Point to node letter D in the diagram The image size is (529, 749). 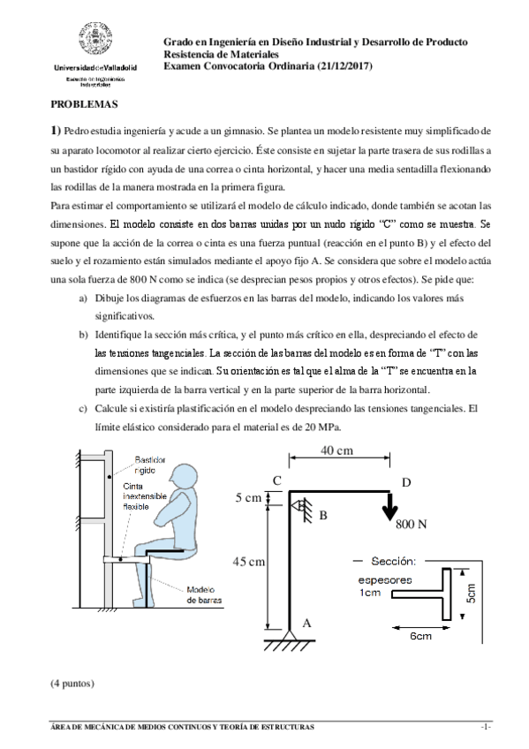tap(405, 481)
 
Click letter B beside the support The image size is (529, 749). tap(323, 514)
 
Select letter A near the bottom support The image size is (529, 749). tap(306, 622)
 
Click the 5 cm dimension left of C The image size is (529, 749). tap(247, 498)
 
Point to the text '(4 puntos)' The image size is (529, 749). tap(73, 683)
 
